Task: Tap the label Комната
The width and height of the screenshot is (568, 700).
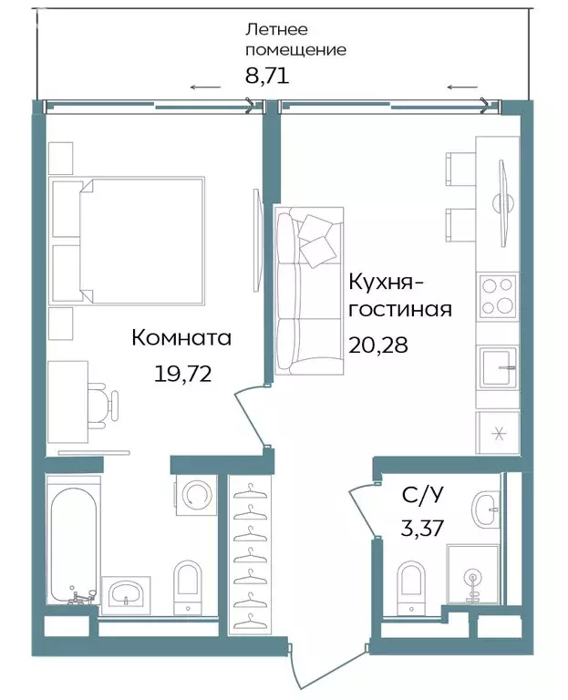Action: coord(181,338)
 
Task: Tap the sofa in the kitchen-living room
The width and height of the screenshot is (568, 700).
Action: coord(308,290)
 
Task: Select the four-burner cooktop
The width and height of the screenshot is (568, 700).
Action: coord(497,296)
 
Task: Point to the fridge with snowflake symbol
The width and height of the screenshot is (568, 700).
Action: coord(497,432)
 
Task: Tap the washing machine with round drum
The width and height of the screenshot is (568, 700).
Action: coord(195,495)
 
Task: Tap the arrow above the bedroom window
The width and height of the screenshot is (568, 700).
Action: coord(205,87)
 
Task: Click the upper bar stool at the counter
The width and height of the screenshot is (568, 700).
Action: coord(458,169)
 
